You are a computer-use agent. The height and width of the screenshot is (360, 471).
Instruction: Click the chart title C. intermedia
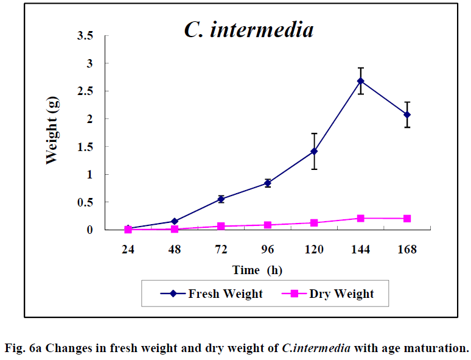pos(249,29)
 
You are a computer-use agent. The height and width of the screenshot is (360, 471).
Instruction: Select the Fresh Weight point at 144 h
pos(360,80)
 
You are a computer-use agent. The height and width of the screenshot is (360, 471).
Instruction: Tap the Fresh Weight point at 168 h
pos(406,115)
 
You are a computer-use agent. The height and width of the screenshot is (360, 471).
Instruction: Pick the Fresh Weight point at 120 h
pos(314,150)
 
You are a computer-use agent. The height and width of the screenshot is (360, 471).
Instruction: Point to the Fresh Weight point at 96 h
pos(268,183)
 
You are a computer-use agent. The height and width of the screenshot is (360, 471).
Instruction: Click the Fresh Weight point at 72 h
pos(221,199)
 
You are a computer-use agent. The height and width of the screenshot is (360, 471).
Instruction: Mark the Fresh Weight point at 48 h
pos(175,221)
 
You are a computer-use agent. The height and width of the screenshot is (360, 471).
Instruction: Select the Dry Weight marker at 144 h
pos(360,218)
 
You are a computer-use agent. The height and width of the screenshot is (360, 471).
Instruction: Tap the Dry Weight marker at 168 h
pos(406,218)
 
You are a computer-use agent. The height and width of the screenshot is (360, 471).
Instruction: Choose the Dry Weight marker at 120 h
pos(314,223)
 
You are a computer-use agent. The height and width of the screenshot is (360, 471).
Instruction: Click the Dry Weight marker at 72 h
pos(221,226)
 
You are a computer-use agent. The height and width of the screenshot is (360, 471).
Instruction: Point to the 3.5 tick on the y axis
pos(85,36)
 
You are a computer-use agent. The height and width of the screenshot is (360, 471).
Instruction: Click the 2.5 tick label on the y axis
pos(85,91)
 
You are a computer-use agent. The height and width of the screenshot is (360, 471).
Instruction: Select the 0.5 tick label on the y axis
pos(85,202)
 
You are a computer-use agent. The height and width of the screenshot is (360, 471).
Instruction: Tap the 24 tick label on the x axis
pos(128,249)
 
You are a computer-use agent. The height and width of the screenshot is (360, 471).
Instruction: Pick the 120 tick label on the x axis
pos(314,249)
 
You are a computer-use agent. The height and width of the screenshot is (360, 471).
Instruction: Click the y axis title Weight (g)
pos(52,133)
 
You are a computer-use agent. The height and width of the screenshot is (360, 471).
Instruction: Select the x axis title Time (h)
pos(257,270)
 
